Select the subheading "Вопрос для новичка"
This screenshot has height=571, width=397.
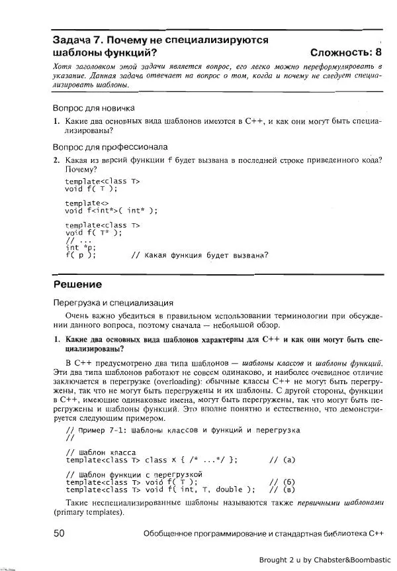(x=94, y=108)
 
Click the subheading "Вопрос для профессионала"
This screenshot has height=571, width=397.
(x=110, y=147)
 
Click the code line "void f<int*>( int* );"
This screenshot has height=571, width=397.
(x=112, y=211)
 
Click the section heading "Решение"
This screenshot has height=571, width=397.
(x=77, y=285)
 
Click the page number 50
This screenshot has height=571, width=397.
(x=59, y=534)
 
